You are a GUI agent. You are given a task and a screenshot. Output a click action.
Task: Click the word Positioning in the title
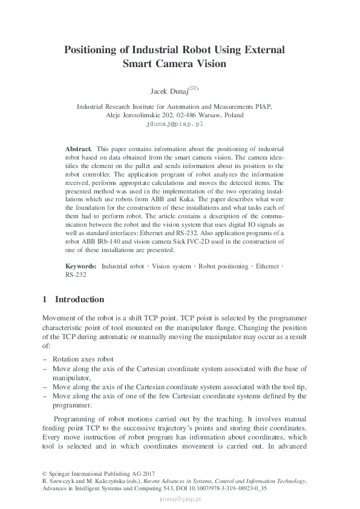point(96,50)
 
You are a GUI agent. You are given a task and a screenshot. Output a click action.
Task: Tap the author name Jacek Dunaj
point(169,91)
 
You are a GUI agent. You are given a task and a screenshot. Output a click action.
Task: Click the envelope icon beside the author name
point(193,88)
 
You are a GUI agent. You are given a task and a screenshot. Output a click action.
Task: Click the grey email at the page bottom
point(180,499)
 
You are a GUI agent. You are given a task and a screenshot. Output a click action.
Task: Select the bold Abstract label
point(78,148)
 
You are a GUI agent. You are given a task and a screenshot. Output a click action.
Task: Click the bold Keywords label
point(80,266)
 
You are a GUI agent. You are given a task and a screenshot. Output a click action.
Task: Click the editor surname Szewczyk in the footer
point(64,481)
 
